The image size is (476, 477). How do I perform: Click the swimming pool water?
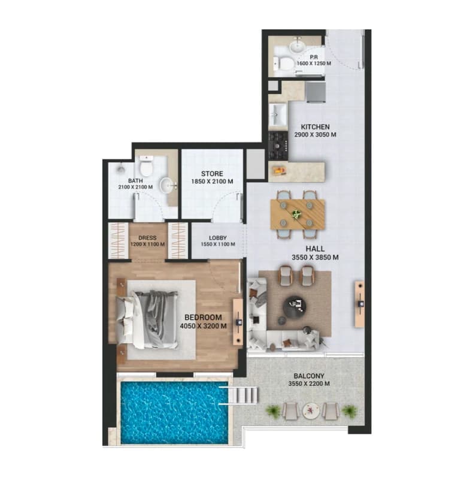pyautogui.click(x=174, y=412)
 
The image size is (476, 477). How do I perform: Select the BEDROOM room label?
pyautogui.click(x=203, y=317)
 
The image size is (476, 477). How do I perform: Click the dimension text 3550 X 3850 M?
pyautogui.click(x=315, y=257)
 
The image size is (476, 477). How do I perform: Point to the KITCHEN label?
pyautogui.click(x=315, y=127)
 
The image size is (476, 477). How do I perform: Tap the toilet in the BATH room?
pyautogui.click(x=147, y=166)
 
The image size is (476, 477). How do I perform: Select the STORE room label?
pyautogui.click(x=212, y=174)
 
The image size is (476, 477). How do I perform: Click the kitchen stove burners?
pyautogui.click(x=278, y=146)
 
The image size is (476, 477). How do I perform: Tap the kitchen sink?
pyautogui.click(x=277, y=114)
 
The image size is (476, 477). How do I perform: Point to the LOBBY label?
pyautogui.click(x=217, y=238)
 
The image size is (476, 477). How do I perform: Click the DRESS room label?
pyautogui.click(x=147, y=238)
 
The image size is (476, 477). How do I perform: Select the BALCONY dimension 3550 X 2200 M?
pyautogui.click(x=309, y=384)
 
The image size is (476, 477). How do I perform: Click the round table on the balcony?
pyautogui.click(x=310, y=411)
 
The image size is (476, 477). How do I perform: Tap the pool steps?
pyautogui.click(x=243, y=396)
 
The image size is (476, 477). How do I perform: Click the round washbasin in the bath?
pyautogui.click(x=168, y=185)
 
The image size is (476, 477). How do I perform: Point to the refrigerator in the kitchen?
pyautogui.click(x=315, y=92)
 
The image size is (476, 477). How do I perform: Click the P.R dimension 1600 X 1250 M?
pyautogui.click(x=314, y=64)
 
